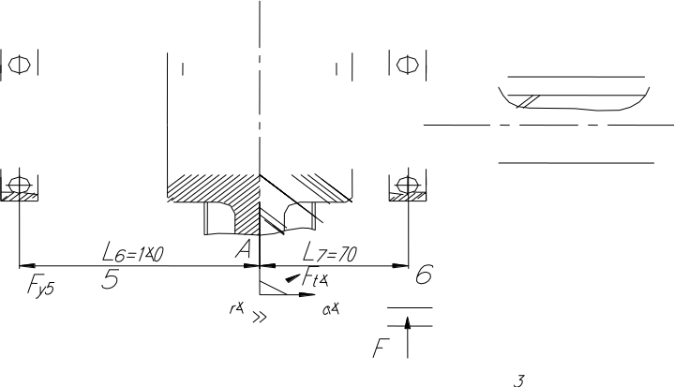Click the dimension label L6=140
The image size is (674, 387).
pyautogui.click(x=133, y=253)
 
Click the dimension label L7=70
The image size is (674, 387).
pyautogui.click(x=331, y=253)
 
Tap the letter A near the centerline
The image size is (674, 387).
pyautogui.click(x=243, y=249)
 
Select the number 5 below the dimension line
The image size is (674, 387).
pyautogui.click(x=111, y=279)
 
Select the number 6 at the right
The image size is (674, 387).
pyautogui.click(x=424, y=275)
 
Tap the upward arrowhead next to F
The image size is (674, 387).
pyautogui.click(x=409, y=324)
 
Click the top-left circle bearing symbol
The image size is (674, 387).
pyautogui.click(x=17, y=65)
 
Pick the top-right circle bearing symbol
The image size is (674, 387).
pyautogui.click(x=406, y=65)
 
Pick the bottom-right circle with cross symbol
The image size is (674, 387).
pyautogui.click(x=406, y=185)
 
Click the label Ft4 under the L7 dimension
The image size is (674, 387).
pyautogui.click(x=314, y=278)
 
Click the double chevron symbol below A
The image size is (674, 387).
pyautogui.click(x=260, y=317)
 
